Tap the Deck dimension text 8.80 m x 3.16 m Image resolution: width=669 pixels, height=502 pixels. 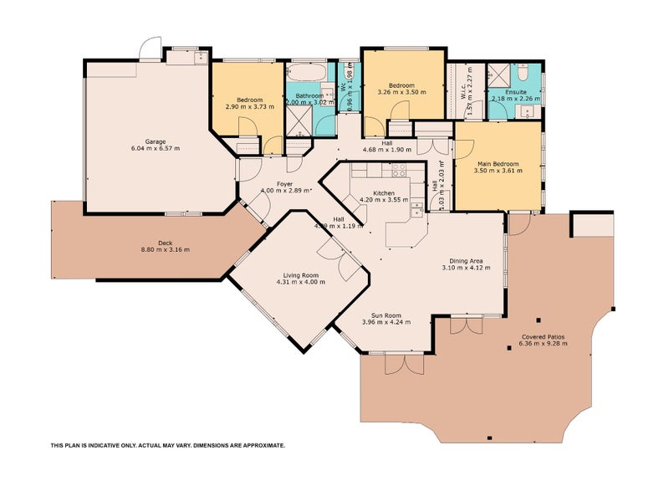pos(164,249)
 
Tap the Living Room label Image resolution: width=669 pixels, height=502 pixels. pos(299,274)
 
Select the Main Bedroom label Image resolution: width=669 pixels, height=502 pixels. pos(498,163)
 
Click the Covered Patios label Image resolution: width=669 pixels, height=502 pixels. pos(541,336)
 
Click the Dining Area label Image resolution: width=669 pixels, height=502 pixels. pos(465,261)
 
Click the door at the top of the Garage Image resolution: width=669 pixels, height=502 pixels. pos(151,49)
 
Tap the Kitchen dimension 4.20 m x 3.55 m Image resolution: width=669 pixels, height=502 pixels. pos(384,200)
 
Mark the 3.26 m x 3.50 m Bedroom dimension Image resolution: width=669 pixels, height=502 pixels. pos(402,91)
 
